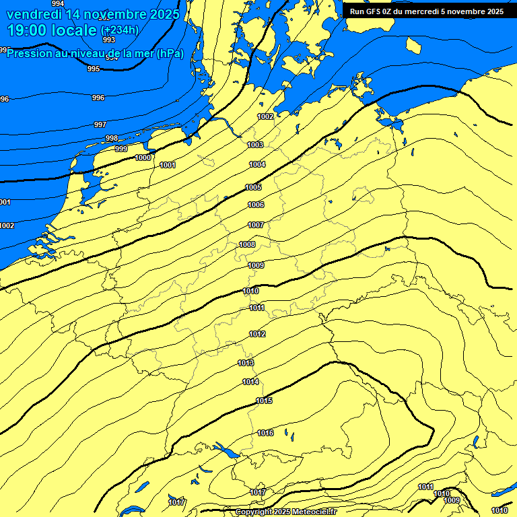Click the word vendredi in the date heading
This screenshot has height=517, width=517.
[34, 13]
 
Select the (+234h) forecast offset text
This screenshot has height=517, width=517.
[120, 30]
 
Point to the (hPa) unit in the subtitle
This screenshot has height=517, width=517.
[170, 53]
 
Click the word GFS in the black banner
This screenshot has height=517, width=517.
[370, 11]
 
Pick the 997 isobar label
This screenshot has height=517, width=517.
[100, 125]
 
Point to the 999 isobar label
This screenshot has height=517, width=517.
[121, 149]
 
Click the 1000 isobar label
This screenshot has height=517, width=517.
[143, 158]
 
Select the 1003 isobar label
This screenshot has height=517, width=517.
[256, 145]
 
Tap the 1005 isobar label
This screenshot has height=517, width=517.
[253, 187]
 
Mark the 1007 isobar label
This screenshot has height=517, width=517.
[256, 225]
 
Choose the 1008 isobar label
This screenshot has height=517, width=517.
[248, 244]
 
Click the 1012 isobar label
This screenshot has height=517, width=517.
[257, 334]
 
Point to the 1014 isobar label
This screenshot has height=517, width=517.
[250, 382]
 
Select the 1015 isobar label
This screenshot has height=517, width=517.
[264, 401]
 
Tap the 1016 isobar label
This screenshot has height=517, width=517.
[265, 433]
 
